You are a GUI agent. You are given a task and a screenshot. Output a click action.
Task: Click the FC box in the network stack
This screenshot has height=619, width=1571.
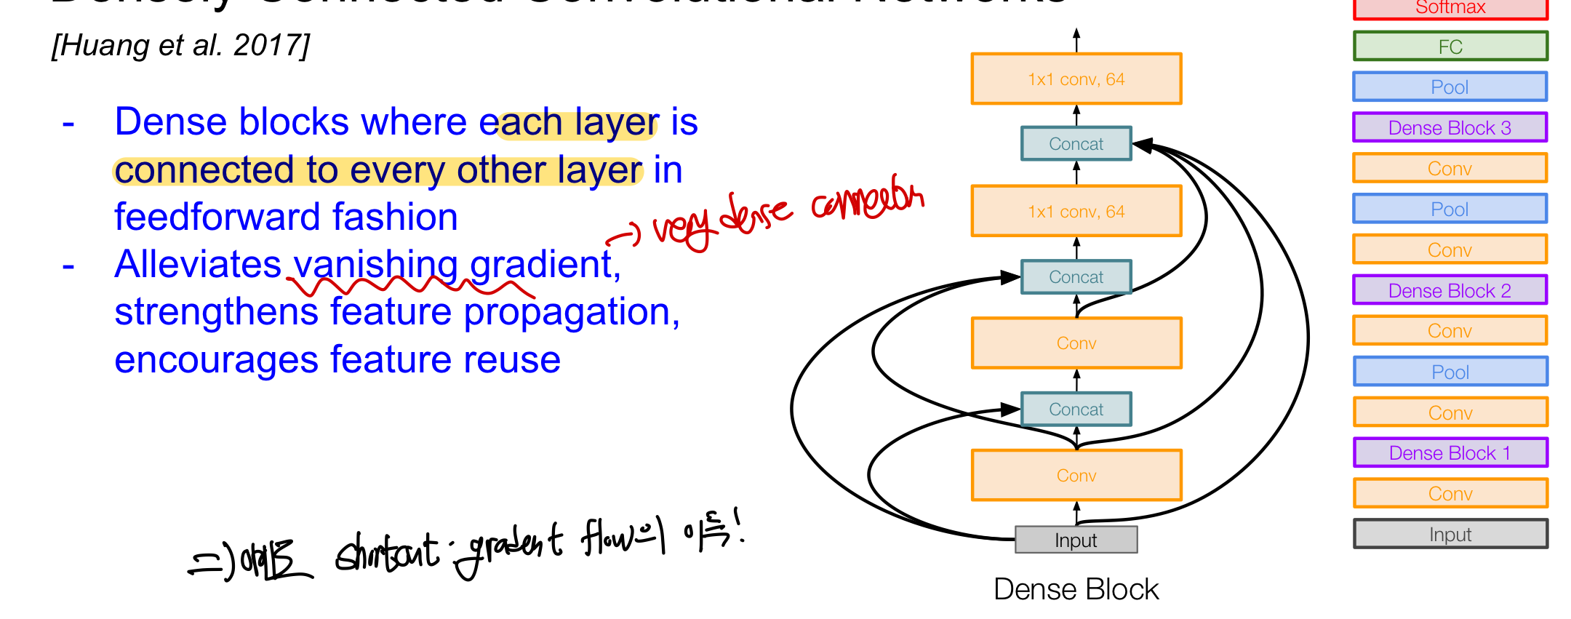coord(1450,47)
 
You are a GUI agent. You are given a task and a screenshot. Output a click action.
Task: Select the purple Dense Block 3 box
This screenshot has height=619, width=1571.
coord(1450,128)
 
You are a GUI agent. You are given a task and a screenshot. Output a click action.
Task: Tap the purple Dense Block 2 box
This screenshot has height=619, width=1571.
coord(1450,290)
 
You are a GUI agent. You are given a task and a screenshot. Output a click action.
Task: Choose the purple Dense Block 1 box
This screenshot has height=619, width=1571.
coord(1450,452)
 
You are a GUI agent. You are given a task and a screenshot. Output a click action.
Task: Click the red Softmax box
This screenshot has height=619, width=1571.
coord(1450,8)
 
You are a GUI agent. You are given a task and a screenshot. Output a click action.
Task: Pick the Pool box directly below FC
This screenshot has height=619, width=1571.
coord(1450,87)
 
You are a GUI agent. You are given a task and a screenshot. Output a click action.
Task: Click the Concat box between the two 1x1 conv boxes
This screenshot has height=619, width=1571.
coord(1076,144)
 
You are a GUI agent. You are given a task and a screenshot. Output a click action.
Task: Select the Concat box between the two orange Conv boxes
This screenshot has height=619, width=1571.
coord(1076,410)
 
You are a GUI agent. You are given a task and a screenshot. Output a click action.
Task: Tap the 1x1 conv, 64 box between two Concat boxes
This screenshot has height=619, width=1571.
coord(1076,212)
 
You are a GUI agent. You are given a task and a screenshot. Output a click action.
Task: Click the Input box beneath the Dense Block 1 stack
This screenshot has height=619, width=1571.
coord(1450,535)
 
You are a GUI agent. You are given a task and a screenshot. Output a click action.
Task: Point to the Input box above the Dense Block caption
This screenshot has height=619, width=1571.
coord(1076,540)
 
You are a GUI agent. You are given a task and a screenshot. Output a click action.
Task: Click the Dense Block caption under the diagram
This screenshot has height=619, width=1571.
coord(1076,589)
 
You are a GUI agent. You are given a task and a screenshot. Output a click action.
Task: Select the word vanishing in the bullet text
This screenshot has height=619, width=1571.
coord(375,265)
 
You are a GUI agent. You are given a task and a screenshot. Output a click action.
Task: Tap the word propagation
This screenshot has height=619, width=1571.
coord(571,313)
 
